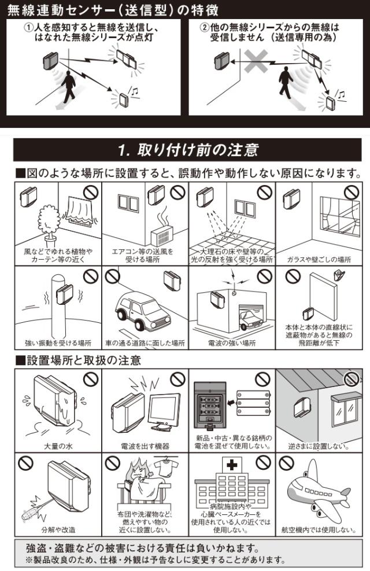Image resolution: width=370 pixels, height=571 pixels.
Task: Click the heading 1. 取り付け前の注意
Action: (x=188, y=150)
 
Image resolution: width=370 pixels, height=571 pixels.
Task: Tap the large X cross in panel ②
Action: (x=256, y=61)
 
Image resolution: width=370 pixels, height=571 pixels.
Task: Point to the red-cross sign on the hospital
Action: (x=231, y=465)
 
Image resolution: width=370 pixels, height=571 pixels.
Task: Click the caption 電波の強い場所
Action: (x=232, y=343)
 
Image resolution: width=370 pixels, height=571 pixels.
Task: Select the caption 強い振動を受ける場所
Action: (x=58, y=343)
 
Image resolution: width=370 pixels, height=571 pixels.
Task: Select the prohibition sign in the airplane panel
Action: (x=286, y=463)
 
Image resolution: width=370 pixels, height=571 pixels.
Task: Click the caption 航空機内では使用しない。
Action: (x=319, y=530)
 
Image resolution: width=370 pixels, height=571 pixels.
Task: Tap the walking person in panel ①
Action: (x=68, y=87)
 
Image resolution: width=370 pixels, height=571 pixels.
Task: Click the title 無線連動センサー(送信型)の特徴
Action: (x=113, y=10)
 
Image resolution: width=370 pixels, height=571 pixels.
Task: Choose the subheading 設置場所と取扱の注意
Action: (x=79, y=360)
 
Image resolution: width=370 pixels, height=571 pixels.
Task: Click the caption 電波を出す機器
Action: (x=145, y=446)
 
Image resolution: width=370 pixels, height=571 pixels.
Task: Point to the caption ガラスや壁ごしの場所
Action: (x=319, y=259)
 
